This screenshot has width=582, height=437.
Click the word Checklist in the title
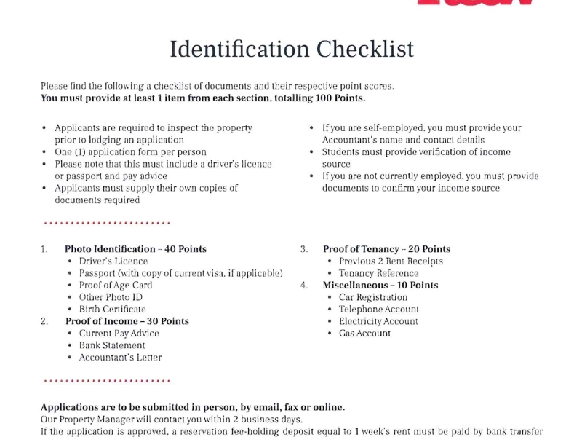click(x=364, y=50)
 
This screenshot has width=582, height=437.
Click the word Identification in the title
click(x=239, y=50)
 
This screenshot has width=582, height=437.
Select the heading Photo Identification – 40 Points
click(x=135, y=249)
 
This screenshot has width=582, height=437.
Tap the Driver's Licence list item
click(x=113, y=261)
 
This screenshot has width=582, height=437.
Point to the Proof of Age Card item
click(x=116, y=286)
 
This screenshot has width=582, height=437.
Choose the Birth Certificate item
click(x=112, y=310)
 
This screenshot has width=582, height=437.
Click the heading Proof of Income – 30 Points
click(x=127, y=321)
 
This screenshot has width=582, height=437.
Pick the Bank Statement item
click(x=112, y=346)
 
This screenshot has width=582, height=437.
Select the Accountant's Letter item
click(x=120, y=358)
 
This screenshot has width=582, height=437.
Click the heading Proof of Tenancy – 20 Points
click(x=386, y=249)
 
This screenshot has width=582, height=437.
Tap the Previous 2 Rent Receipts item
click(x=391, y=261)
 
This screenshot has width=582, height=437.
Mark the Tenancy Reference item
click(x=378, y=273)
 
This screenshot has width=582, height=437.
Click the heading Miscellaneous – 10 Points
click(x=380, y=286)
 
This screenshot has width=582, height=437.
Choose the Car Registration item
click(x=373, y=297)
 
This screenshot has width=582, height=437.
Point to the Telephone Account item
click(x=378, y=310)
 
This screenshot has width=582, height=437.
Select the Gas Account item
click(x=364, y=334)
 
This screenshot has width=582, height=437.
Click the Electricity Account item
click(x=378, y=321)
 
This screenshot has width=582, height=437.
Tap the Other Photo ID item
click(x=111, y=297)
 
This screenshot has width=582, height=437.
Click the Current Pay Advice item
click(x=119, y=334)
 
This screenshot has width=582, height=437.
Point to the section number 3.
click(x=304, y=249)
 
